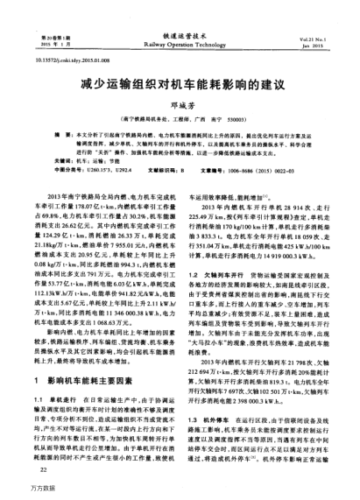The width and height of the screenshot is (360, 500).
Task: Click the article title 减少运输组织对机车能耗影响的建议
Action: coord(179,86)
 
